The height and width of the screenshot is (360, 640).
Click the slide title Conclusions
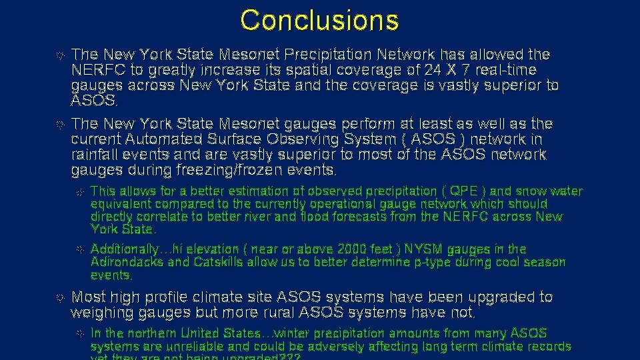(x=319, y=21)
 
